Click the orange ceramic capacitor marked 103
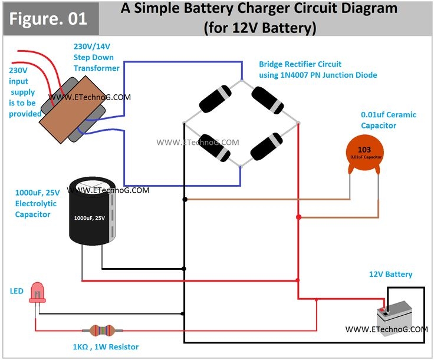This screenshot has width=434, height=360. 364,155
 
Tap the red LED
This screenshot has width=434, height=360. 37,291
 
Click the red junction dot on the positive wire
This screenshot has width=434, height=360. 299,218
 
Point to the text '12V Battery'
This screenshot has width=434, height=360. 391,274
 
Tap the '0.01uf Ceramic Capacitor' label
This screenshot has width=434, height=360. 389,120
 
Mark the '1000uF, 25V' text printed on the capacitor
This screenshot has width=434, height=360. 89,218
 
